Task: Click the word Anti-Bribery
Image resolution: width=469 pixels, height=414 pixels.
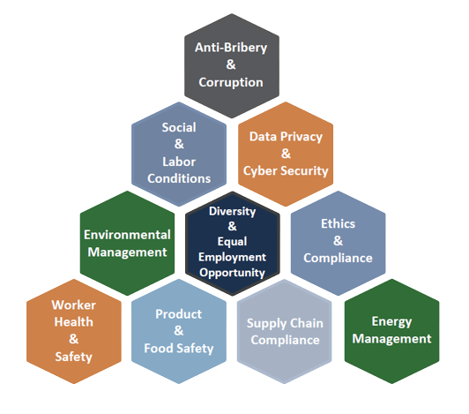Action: (x=231, y=48)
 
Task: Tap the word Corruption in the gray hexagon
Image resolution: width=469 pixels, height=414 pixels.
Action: (x=231, y=82)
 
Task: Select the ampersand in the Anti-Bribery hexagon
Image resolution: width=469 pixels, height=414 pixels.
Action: (x=231, y=64)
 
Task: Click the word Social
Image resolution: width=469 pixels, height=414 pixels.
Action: (x=179, y=127)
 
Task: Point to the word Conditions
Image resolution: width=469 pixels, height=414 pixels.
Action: (x=179, y=178)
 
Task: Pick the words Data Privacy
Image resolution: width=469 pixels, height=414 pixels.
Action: (x=286, y=137)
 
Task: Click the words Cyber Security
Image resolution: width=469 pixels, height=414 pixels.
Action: (x=286, y=171)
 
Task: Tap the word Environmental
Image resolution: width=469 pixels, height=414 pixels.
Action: (x=127, y=235)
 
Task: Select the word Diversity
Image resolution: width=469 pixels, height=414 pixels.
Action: (x=233, y=212)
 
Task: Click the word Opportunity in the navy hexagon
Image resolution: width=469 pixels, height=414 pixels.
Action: (x=233, y=273)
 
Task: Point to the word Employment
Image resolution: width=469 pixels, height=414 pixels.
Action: (x=233, y=258)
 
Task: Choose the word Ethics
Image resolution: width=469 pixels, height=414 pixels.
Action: (x=338, y=224)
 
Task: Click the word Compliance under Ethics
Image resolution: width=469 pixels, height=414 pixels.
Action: (x=338, y=259)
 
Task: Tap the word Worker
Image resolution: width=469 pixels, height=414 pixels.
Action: (x=73, y=305)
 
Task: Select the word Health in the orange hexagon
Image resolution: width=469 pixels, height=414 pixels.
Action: (x=73, y=322)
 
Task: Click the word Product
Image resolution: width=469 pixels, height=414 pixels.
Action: (x=179, y=314)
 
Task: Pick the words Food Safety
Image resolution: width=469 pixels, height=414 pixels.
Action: (x=179, y=349)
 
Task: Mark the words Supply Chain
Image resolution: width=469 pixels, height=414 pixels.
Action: (x=285, y=324)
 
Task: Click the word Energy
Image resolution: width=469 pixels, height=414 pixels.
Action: (x=391, y=322)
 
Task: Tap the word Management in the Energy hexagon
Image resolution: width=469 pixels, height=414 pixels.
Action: (x=391, y=339)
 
